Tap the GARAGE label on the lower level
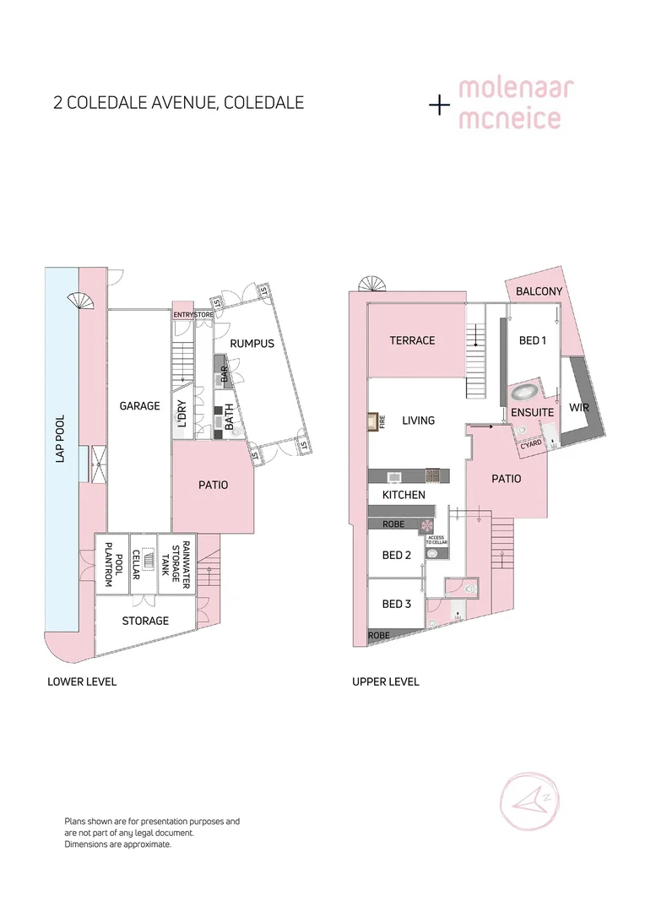tap(139, 406)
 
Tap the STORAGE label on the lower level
tap(145, 621)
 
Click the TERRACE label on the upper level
tap(412, 340)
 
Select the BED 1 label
tap(533, 340)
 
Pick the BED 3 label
tap(397, 604)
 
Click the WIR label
tap(578, 406)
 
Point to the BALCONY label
tap(539, 291)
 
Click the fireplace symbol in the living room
tap(372, 421)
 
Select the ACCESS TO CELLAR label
tap(436, 540)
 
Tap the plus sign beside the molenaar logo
tap(439, 105)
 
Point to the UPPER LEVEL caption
tap(385, 681)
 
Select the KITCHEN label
tap(404, 495)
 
